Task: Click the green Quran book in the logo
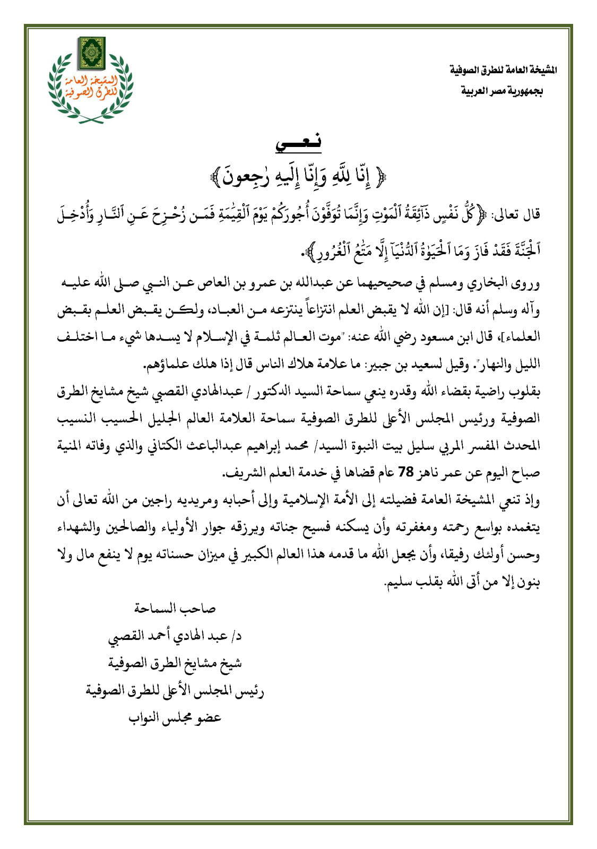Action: pos(91,53)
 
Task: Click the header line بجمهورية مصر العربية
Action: pos(501,91)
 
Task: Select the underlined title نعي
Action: pos(298,142)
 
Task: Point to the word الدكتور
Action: pos(269,392)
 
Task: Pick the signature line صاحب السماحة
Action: pos(175,608)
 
